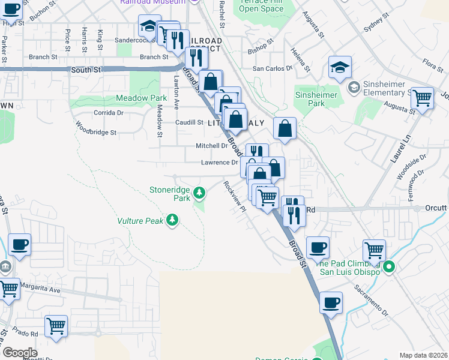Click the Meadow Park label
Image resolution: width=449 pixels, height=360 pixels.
tap(141, 98)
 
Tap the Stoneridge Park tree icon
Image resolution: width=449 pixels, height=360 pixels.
tap(199, 193)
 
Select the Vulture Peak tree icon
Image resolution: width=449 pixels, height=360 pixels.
tap(173, 221)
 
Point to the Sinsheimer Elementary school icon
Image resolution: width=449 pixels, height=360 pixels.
tap(354, 88)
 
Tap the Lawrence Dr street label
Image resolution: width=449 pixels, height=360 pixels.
tap(219, 163)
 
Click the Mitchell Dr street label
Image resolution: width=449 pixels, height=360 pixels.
tap(212, 146)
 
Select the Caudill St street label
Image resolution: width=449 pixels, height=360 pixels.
tap(189, 122)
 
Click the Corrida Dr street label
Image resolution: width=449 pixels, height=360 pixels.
tap(108, 112)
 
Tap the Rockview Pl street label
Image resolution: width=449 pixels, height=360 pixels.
tap(235, 196)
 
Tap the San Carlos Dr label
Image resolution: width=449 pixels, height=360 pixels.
tap(272, 68)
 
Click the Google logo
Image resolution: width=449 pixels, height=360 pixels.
tap(20, 352)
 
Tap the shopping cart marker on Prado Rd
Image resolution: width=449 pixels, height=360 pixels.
tap(56, 327)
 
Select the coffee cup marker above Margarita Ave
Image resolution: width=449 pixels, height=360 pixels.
tap(20, 245)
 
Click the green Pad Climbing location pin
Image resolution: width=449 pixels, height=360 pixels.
tap(388, 267)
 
